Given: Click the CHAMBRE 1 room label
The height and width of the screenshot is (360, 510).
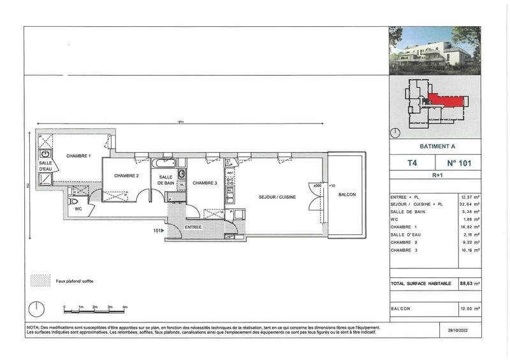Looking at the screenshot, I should (x=79, y=157).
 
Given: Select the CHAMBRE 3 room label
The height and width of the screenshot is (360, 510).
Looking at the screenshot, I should (x=205, y=184).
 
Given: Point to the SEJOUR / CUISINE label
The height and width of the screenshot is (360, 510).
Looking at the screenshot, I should (x=277, y=198).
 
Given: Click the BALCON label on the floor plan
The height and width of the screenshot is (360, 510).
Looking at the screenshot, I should (x=347, y=195).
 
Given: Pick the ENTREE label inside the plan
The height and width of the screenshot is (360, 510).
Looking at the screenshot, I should (x=194, y=227).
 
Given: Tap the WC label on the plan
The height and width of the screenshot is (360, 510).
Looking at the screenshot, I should (x=78, y=208).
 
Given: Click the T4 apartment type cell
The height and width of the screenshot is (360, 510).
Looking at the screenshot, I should (x=412, y=162).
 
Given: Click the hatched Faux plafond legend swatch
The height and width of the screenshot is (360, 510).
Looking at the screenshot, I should (x=41, y=280).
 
